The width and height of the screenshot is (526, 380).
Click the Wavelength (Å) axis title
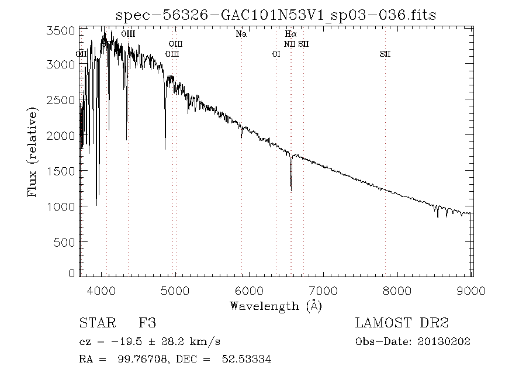click(276, 305)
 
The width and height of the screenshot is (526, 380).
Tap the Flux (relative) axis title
click(33, 152)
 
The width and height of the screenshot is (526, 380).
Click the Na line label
click(241, 34)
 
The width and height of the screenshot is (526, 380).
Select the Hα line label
click(290, 34)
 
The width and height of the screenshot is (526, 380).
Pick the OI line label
click(276, 54)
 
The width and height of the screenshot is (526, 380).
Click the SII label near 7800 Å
click(385, 54)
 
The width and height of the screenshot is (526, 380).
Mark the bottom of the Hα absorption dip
click(291, 189)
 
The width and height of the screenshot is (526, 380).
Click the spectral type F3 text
click(147, 323)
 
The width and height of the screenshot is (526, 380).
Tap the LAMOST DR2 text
click(402, 323)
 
